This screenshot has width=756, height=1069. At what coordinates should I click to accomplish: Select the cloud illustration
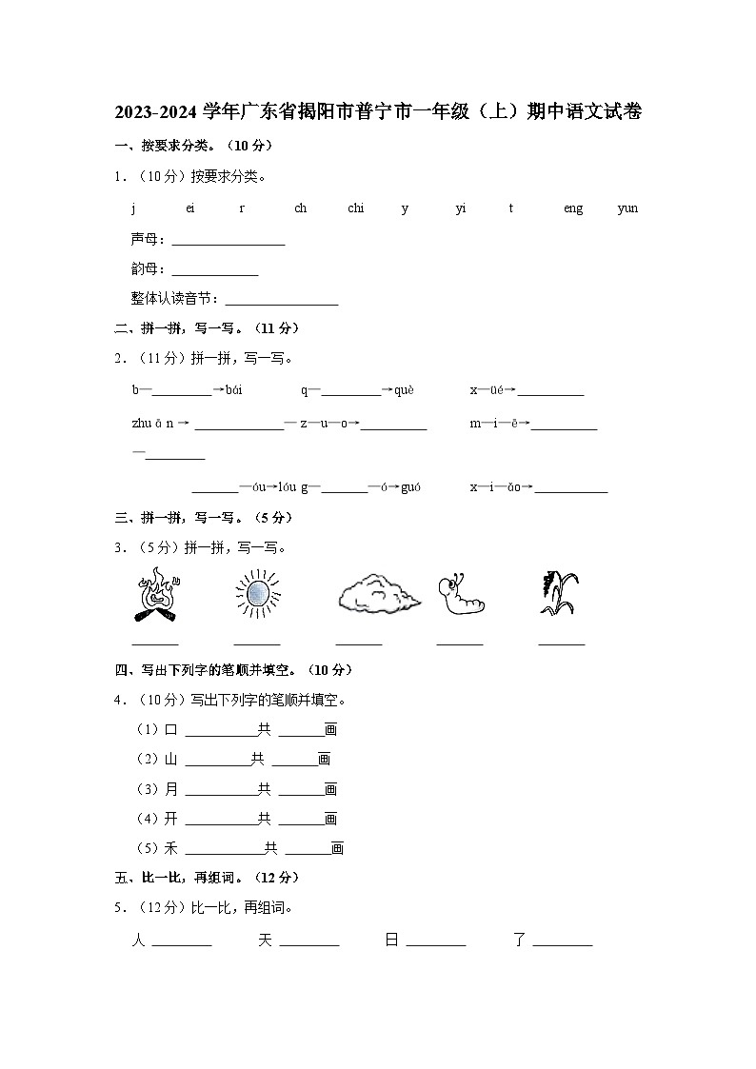point(377,595)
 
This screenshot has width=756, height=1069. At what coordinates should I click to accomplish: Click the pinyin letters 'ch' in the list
point(300,208)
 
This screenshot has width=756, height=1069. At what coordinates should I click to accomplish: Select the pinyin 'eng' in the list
point(572,208)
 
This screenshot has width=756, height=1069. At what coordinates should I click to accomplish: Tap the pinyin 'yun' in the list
point(627,208)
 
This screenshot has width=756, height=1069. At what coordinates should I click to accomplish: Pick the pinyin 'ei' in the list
point(189,208)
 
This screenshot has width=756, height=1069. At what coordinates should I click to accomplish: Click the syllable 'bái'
point(234,390)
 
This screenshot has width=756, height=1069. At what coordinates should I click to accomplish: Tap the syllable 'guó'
point(410,487)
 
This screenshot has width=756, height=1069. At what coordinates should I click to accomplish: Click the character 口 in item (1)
point(171,730)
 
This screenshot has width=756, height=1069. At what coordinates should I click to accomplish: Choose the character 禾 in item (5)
point(171,848)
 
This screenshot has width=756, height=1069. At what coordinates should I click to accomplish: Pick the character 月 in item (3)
point(171,789)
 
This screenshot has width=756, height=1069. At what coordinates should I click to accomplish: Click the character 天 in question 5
point(265,940)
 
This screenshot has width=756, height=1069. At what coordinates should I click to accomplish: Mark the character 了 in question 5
point(519,940)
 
